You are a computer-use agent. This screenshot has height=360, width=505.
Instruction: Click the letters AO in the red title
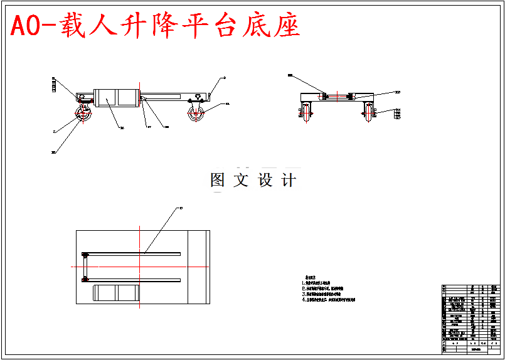28,25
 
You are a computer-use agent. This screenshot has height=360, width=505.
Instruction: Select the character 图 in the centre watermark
218,181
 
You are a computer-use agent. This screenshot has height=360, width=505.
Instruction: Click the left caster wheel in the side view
82,117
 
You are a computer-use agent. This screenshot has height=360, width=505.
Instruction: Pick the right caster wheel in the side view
196,115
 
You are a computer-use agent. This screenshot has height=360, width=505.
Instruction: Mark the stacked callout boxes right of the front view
398,114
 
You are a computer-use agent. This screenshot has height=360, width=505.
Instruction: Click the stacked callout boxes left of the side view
54,85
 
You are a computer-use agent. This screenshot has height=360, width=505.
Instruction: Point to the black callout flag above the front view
290,75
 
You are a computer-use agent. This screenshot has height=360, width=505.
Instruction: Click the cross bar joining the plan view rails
84,267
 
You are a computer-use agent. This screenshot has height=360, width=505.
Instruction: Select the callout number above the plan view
181,208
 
